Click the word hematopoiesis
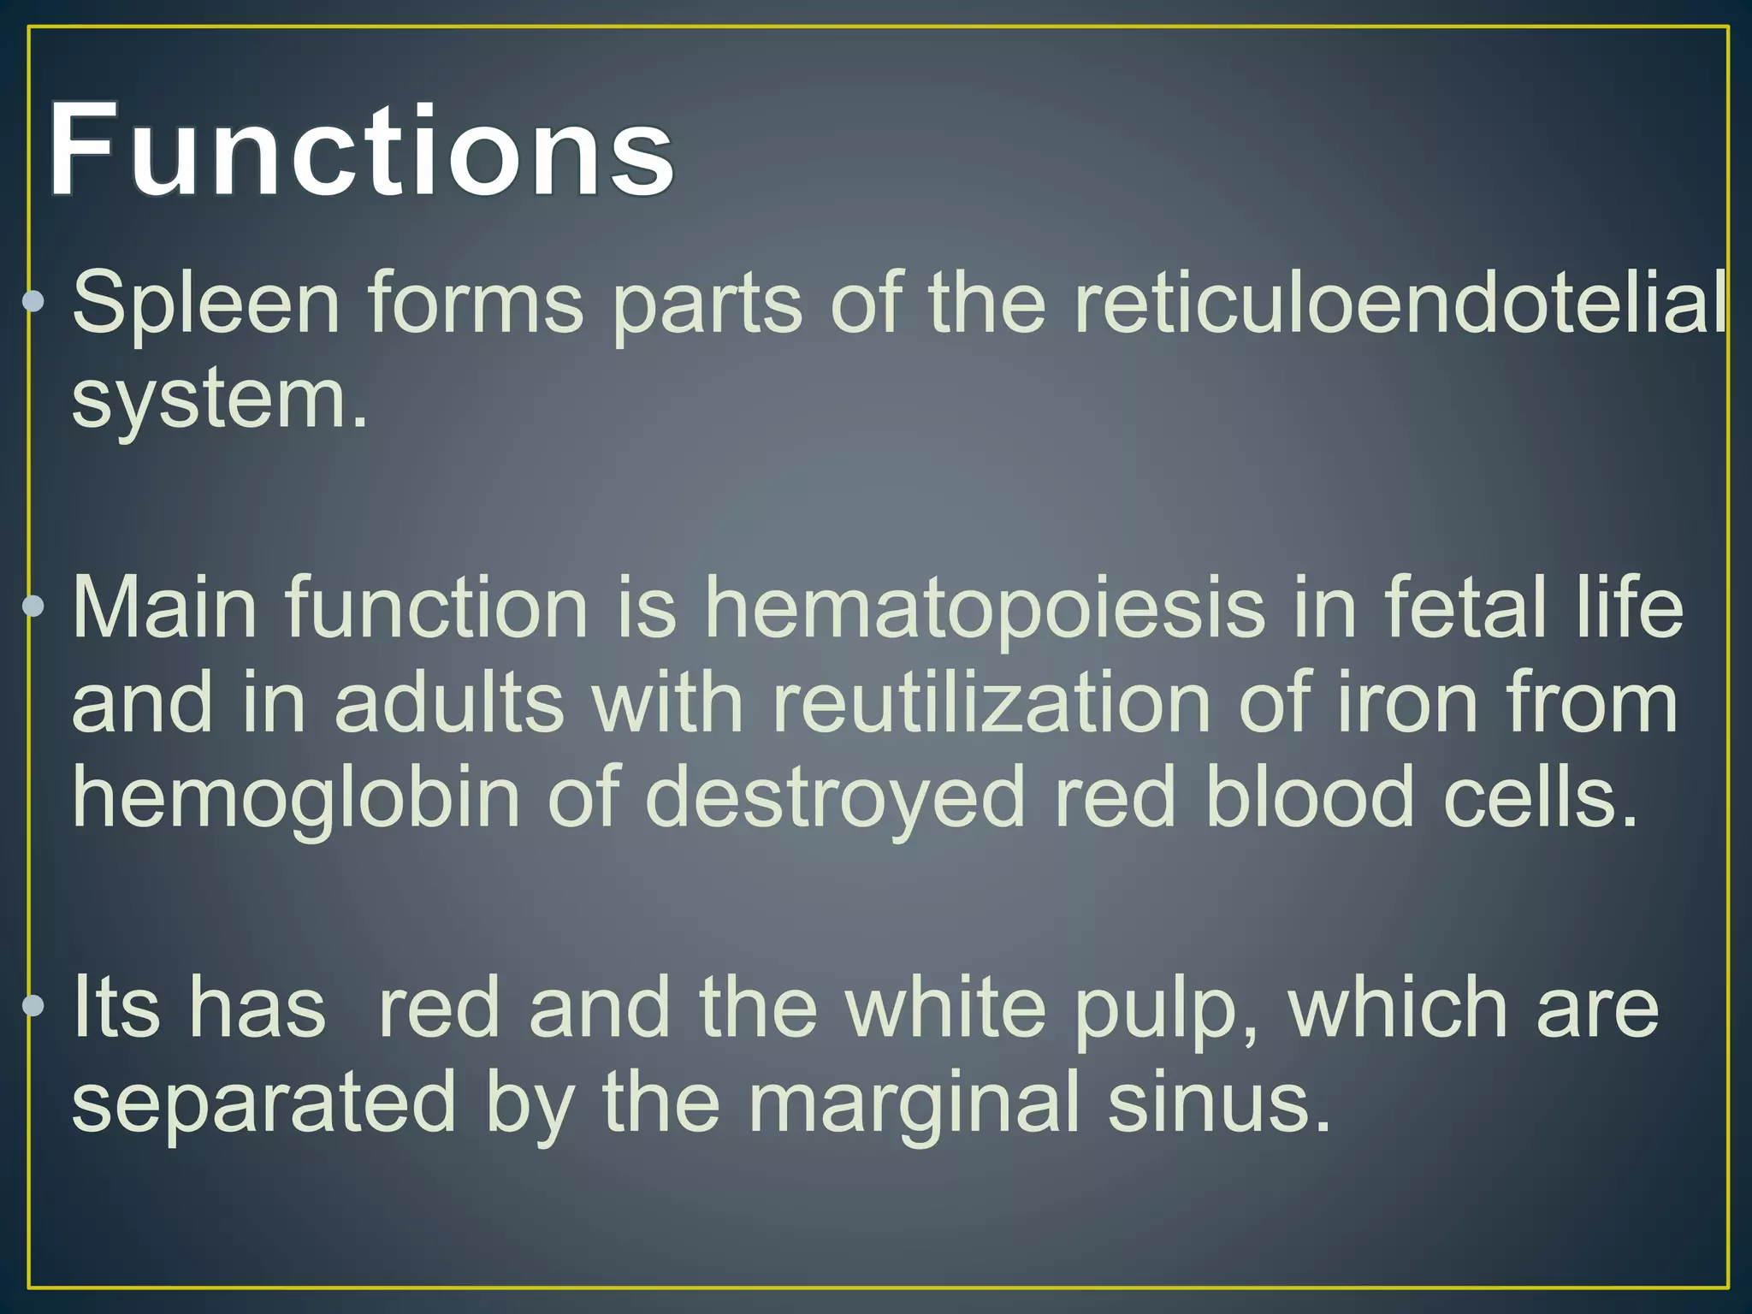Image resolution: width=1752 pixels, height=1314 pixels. tap(984, 609)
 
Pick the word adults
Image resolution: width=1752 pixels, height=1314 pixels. tap(449, 704)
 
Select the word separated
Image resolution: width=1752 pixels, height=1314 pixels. tap(263, 1104)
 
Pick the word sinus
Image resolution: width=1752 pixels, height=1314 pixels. tap(1219, 1104)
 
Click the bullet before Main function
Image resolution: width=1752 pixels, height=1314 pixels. tap(33, 607)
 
